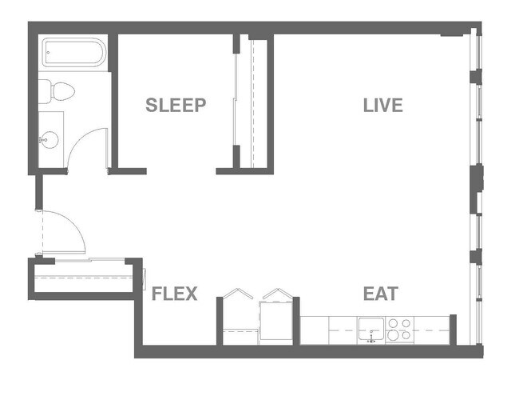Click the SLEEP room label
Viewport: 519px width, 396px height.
pyautogui.click(x=176, y=105)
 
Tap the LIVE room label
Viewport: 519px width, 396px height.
pyautogui.click(x=382, y=105)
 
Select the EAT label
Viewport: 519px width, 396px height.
pyautogui.click(x=380, y=294)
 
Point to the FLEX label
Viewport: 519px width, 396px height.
pyautogui.click(x=174, y=294)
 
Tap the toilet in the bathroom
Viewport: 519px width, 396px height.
pyautogui.click(x=58, y=92)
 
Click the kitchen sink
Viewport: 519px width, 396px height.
pyautogui.click(x=370, y=329)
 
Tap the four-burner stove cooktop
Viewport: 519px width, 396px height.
pyautogui.click(x=399, y=329)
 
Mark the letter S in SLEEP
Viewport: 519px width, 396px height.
pyautogui.click(x=151, y=105)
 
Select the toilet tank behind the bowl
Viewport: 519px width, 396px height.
pyautogui.click(x=45, y=92)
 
